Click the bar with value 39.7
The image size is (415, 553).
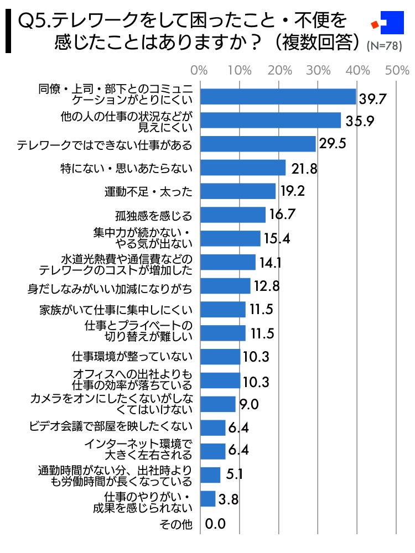tap(277, 97)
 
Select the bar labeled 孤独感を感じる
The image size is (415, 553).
tap(232, 215)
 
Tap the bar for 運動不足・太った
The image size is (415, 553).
tap(237, 191)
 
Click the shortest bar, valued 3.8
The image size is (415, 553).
tap(207, 499)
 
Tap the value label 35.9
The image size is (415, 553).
tap(360, 121)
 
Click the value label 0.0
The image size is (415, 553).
tap(216, 523)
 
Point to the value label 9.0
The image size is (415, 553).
tap(249, 405)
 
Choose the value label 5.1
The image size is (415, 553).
tap(235, 474)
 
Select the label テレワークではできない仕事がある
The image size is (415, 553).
tap(105, 145)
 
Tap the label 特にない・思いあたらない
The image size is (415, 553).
tap(126, 168)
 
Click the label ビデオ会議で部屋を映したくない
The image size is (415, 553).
tap(111, 426)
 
